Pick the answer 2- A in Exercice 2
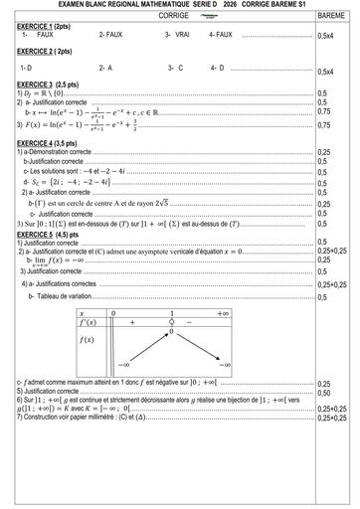point(105,68)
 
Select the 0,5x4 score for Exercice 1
point(325,36)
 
